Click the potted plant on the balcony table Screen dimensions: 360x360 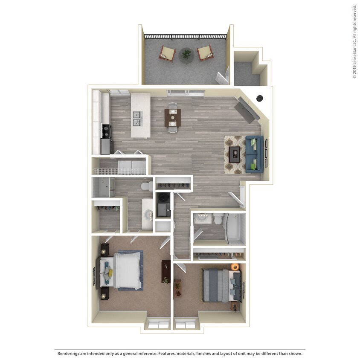coord(186,53)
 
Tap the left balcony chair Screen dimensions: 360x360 coord(167,53)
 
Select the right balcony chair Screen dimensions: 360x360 coord(204,53)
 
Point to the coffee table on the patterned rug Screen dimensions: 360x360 coord(234,154)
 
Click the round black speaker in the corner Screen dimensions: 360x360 coord(259,98)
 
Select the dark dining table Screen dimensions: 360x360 coord(172,117)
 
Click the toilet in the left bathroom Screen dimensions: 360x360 coord(146,186)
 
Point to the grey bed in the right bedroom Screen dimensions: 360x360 coord(218,284)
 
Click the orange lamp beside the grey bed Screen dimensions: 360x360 coord(234,267)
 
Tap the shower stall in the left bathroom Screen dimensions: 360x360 coord(101,187)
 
